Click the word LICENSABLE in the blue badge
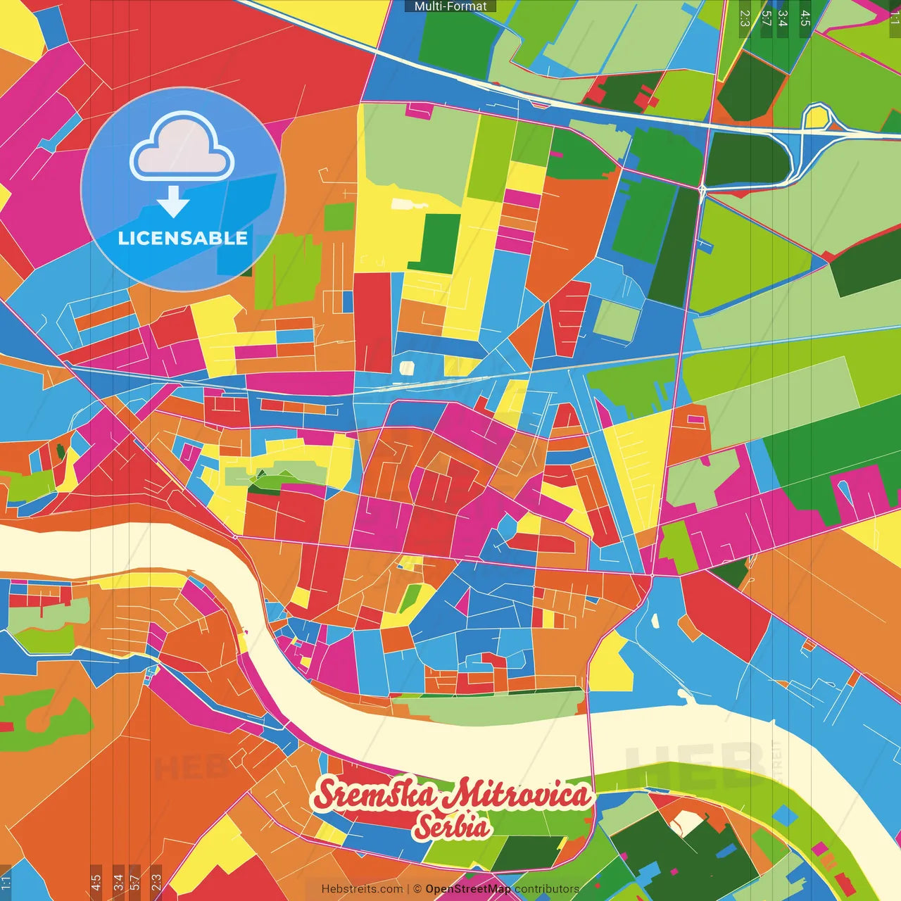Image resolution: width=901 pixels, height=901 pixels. click(x=183, y=238)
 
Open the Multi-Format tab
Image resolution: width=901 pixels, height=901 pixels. click(x=450, y=6)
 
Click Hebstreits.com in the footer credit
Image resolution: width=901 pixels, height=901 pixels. click(x=362, y=889)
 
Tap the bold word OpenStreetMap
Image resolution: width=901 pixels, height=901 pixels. click(x=468, y=889)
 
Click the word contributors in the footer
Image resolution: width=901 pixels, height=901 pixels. click(x=547, y=889)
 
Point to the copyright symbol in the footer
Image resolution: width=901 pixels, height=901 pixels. click(x=417, y=889)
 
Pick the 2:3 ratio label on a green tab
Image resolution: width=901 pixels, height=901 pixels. click(x=745, y=18)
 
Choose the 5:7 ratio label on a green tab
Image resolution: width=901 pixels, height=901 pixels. click(x=766, y=18)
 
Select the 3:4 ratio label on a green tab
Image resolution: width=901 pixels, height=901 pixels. click(x=783, y=18)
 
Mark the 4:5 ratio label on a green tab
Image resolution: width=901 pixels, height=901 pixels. click(x=805, y=18)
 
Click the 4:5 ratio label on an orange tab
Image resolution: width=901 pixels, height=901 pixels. click(x=96, y=883)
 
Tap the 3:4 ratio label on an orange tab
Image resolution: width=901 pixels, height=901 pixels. click(x=118, y=883)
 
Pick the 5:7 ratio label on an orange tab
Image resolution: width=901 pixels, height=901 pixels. click(x=135, y=883)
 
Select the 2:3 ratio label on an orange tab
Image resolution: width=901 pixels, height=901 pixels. click(x=156, y=883)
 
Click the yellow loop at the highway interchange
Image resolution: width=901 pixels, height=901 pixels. click(x=817, y=117)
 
